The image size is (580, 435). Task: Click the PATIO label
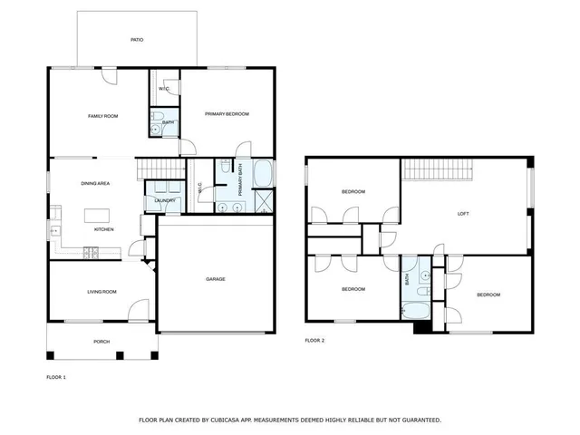pyautogui.click(x=137, y=40)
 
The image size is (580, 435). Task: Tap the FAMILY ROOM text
pyautogui.click(x=102, y=116)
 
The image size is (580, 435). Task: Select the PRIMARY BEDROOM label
pyautogui.click(x=227, y=113)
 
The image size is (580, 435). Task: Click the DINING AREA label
pyautogui.click(x=95, y=184)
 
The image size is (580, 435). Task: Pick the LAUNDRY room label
pyautogui.click(x=165, y=200)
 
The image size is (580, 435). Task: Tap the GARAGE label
pyautogui.click(x=215, y=278)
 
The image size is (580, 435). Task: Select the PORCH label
pyautogui.click(x=101, y=342)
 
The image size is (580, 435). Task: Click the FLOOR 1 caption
pyautogui.click(x=57, y=375)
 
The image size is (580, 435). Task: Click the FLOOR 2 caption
pyautogui.click(x=314, y=340)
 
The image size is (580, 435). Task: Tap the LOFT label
pyautogui.click(x=462, y=214)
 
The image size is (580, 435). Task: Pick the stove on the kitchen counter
pyautogui.click(x=90, y=252)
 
